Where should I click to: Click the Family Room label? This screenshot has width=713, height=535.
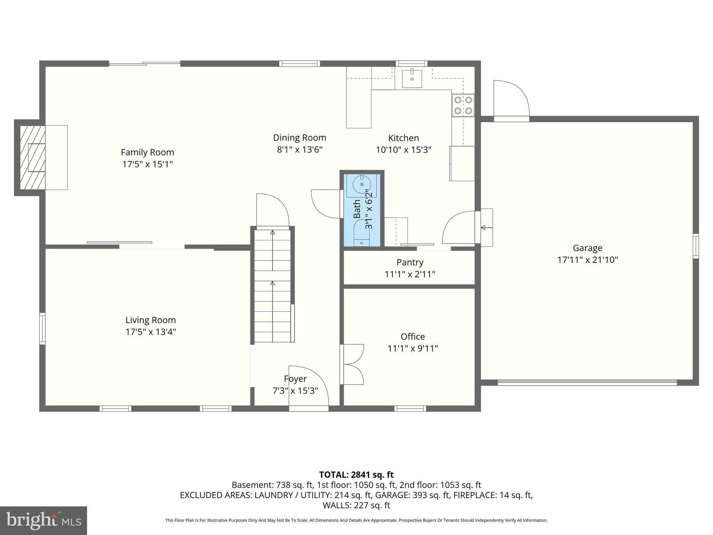click(147, 152)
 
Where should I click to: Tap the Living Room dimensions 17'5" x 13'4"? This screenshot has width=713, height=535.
click(150, 332)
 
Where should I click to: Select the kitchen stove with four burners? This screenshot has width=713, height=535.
click(463, 106)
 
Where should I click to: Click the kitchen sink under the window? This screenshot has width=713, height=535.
click(412, 79)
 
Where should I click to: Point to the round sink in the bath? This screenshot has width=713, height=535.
click(362, 184)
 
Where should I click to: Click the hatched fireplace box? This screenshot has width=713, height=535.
click(32, 157)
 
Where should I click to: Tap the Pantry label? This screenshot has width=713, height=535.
click(410, 262)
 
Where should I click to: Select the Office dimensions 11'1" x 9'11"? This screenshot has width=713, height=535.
click(413, 348)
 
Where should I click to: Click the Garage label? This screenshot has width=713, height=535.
click(587, 248)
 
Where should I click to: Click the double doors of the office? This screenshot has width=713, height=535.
click(353, 364)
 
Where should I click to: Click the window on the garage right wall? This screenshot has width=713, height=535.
click(695, 246)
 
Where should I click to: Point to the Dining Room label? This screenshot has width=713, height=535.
click(299, 138)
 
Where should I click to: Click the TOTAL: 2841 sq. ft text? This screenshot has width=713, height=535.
click(356, 475)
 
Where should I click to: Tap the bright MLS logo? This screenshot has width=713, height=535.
click(43, 520)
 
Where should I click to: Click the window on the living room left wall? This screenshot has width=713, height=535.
click(42, 328)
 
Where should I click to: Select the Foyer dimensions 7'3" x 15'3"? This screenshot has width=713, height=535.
click(295, 391)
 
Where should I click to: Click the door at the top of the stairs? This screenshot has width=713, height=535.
click(272, 211)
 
